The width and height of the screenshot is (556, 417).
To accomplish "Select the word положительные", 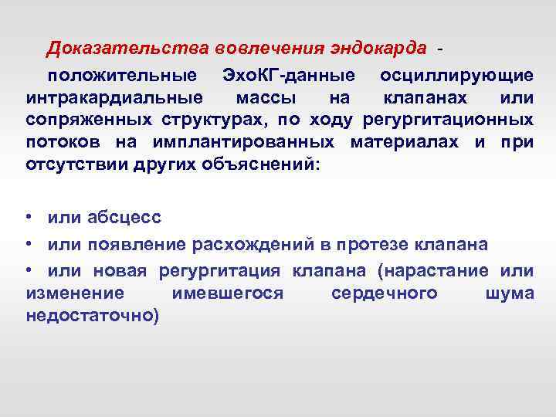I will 121,76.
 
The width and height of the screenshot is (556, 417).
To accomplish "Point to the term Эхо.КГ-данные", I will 288,76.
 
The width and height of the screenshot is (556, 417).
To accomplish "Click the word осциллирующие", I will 456,76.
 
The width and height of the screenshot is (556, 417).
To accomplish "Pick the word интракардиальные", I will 115,98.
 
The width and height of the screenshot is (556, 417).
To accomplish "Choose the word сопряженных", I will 89,120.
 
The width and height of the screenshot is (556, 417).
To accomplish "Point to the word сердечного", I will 384,293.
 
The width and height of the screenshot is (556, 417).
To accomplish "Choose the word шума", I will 510,293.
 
